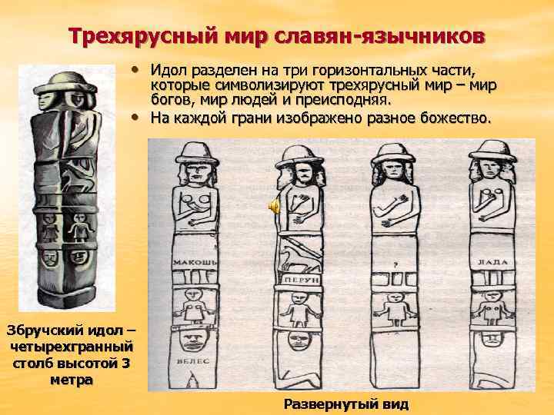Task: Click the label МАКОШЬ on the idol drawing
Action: coord(195,262)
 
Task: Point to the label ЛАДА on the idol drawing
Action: coord(492,262)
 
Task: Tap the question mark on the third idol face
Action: coord(395,264)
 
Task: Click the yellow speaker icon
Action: coord(273,206)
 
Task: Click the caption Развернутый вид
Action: coord(346,404)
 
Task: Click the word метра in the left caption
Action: coord(72,380)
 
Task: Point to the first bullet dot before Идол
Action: coord(134,69)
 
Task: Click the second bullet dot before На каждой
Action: coord(134,118)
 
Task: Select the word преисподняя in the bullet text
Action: coord(343,101)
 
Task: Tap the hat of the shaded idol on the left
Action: coord(65,82)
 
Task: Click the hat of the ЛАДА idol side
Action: coord(492,151)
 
